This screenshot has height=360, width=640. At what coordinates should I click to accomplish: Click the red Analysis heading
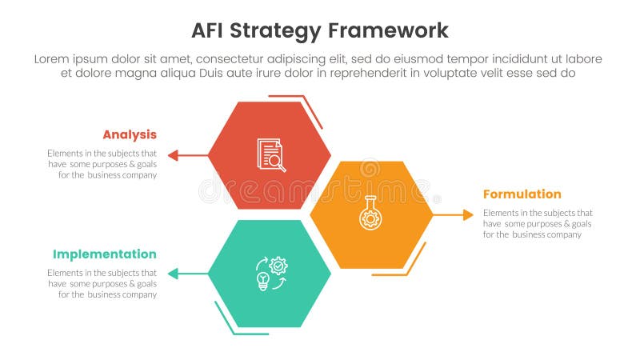(129, 134)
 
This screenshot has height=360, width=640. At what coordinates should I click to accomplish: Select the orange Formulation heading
(522, 194)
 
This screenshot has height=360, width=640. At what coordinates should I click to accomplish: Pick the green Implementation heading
(104, 254)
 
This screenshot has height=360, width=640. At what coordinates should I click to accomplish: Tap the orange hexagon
(370, 214)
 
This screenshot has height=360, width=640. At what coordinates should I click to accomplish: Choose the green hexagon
(269, 274)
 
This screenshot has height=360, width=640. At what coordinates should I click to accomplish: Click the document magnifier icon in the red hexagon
(271, 154)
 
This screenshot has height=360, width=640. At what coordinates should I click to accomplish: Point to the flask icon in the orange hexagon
(370, 213)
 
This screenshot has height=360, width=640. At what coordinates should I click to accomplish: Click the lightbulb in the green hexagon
(262, 281)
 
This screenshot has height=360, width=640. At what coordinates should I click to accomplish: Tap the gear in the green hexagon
(278, 264)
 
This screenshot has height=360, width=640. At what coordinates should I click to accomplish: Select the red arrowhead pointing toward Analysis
(172, 155)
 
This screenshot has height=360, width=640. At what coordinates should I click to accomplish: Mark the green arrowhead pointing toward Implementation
(172, 274)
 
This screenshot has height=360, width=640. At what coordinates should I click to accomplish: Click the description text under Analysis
(102, 164)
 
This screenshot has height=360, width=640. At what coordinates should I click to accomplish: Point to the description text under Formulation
(538, 224)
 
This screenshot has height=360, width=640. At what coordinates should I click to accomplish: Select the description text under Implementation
(102, 283)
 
